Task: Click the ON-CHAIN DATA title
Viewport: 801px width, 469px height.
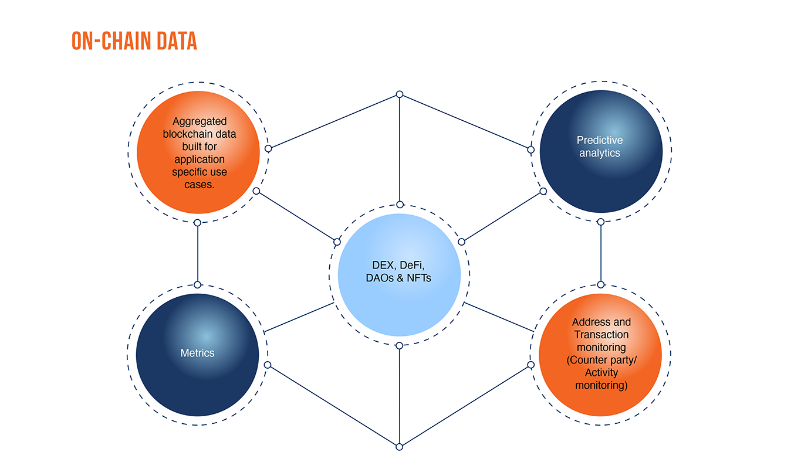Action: [x=134, y=40]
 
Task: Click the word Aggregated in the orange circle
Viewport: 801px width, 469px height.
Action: [x=200, y=121]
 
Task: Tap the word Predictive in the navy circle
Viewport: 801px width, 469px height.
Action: [x=600, y=140]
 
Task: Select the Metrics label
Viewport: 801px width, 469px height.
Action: [x=197, y=353]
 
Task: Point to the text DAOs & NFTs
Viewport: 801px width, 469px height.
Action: [x=398, y=278]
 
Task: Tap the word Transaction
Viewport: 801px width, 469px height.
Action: [x=601, y=335]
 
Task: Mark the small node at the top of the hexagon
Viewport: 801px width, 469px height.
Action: [x=400, y=94]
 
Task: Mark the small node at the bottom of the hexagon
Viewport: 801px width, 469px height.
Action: [x=400, y=447]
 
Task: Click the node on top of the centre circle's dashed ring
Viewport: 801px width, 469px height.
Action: [x=400, y=205]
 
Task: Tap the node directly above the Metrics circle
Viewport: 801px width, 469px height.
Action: [x=198, y=285]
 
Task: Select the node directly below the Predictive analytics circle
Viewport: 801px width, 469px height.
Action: [x=600, y=222]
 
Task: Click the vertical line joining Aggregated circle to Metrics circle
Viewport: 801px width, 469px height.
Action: [x=198, y=254]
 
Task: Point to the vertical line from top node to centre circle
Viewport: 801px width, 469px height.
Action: [x=400, y=149]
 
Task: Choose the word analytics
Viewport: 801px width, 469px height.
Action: [x=600, y=153]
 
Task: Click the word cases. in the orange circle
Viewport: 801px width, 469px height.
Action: [x=200, y=185]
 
